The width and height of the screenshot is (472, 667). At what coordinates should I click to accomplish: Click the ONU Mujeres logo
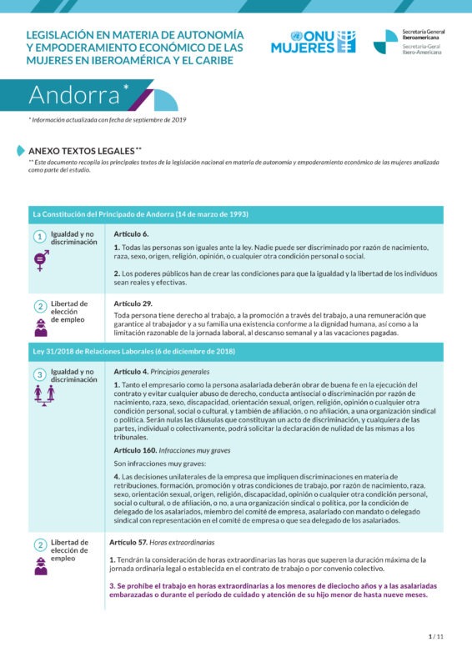(313, 42)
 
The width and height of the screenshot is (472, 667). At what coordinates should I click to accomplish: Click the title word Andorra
(75, 95)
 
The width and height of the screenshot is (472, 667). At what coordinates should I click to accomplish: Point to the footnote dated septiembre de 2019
(108, 121)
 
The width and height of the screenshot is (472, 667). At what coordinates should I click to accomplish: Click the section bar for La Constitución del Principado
(140, 214)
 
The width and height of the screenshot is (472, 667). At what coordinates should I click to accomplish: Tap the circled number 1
(39, 237)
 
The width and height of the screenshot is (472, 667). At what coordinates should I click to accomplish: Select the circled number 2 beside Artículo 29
(39, 306)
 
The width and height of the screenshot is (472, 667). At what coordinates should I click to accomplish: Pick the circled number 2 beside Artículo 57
(39, 544)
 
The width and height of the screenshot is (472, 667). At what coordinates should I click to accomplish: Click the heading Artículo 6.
(131, 234)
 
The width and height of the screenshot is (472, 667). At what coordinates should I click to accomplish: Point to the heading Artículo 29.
(133, 303)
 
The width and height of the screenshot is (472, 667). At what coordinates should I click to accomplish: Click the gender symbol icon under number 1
(39, 261)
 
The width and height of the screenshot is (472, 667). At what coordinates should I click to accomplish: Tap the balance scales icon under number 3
(39, 394)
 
